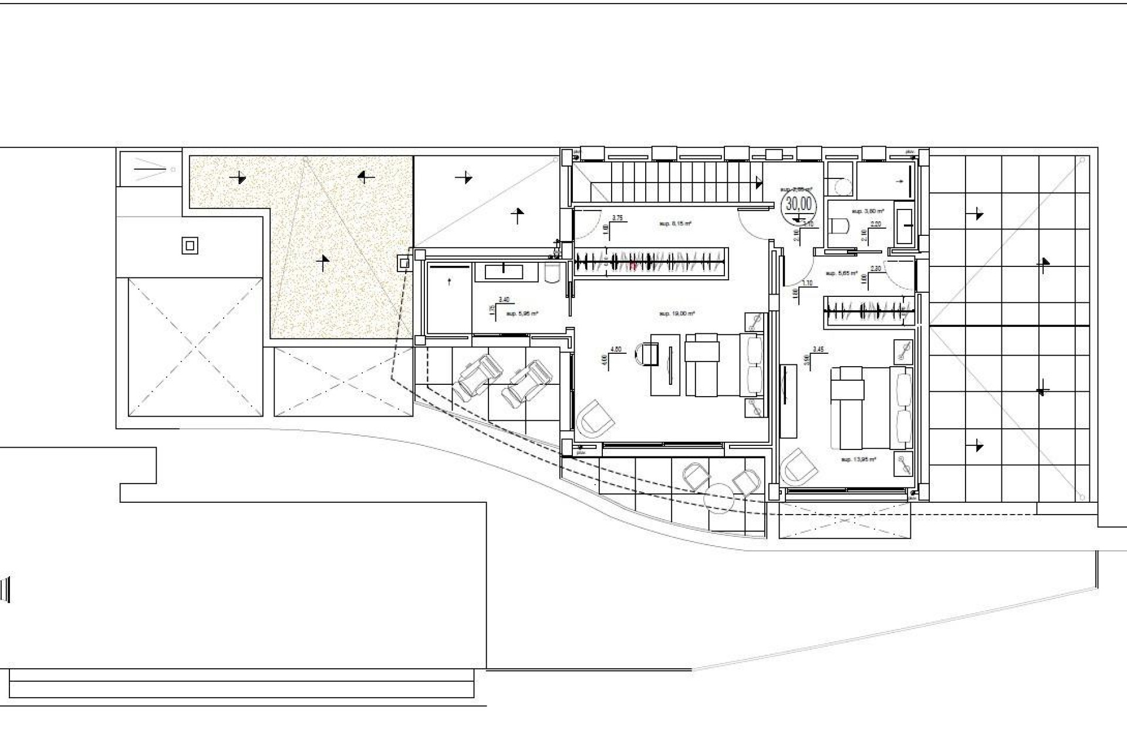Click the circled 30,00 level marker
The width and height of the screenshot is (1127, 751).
(799, 204)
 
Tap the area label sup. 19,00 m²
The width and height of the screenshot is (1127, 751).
(677, 314)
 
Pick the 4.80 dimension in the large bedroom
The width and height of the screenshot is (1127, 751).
(616, 349)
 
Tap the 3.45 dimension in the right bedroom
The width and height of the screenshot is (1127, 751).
(818, 349)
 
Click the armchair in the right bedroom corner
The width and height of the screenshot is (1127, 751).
(799, 467)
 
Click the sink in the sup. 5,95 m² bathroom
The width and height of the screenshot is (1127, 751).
(503, 271)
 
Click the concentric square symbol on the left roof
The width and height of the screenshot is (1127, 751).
(190, 246)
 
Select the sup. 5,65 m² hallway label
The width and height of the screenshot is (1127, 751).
(842, 273)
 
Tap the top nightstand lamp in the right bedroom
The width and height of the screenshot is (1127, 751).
(903, 351)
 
